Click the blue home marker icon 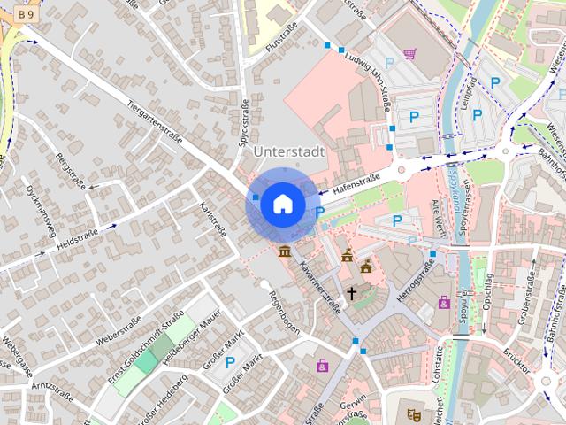(281, 204)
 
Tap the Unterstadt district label (289, 151)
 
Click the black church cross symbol (351, 292)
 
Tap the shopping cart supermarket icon (409, 53)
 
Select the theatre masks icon (411, 413)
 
